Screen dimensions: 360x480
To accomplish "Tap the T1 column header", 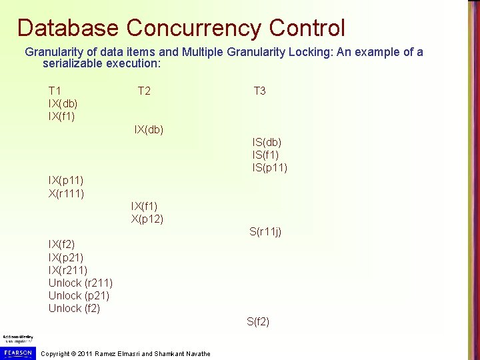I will click(55, 91).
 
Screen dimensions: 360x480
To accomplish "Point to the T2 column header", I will click(144, 91).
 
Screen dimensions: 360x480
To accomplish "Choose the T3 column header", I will click(259, 91).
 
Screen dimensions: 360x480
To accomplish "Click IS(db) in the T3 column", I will click(267, 142).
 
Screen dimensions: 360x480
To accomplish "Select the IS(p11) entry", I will click(269, 167).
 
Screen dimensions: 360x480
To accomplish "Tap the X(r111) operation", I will click(66, 193).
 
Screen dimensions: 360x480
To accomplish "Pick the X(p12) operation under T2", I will click(147, 219).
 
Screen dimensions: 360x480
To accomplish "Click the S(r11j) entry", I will click(265, 232).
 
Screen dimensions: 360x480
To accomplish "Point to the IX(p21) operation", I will click(66, 257).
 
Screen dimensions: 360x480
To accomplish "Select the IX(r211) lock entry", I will click(68, 270).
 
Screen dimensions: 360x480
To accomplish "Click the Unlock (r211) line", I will click(80, 283).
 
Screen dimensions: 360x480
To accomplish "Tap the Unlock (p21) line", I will click(79, 295).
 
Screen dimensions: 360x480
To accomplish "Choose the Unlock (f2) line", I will click(74, 308).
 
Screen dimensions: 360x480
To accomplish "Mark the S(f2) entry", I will click(258, 321).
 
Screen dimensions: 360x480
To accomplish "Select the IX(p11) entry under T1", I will click(66, 180).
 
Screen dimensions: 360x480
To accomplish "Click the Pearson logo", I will click(17, 352).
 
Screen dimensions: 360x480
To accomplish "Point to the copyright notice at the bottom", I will click(125, 353).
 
